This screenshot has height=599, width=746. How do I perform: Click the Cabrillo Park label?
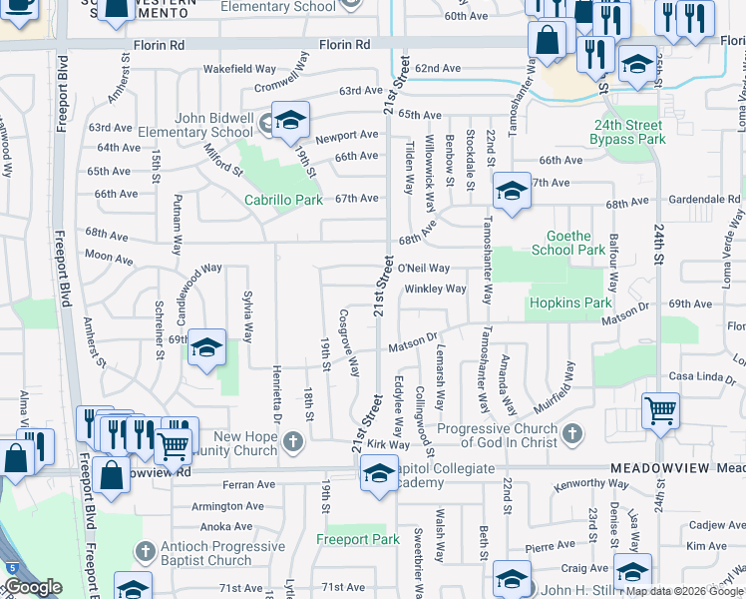pyautogui.click(x=284, y=200)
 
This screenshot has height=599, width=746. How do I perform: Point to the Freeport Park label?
pyautogui.click(x=358, y=539)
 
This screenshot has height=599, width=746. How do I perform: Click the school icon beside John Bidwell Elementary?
pyautogui.click(x=290, y=122)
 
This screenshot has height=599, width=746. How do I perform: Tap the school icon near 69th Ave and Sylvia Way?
pyautogui.click(x=206, y=347)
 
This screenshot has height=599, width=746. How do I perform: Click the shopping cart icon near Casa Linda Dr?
pyautogui.click(x=660, y=409)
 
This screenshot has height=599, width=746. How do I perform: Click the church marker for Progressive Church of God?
pyautogui.click(x=571, y=432)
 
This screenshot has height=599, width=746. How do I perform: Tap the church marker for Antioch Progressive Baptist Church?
pyautogui.click(x=145, y=551)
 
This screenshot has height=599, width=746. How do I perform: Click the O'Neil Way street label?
pyautogui.click(x=424, y=269)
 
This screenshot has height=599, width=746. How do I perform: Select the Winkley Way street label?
pyautogui.click(x=435, y=289)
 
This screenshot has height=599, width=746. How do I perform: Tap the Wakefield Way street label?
pyautogui.click(x=239, y=69)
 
